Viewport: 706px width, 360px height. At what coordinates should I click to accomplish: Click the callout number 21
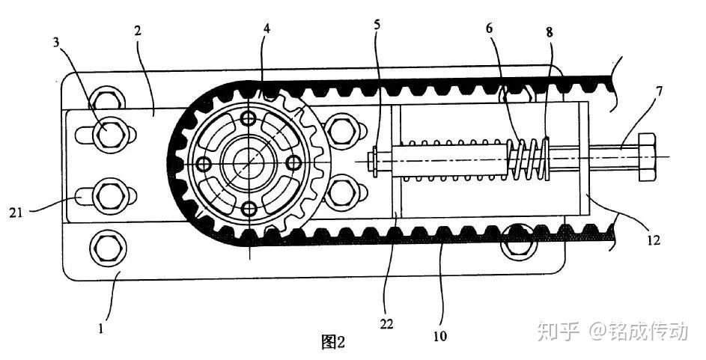(x=16, y=213)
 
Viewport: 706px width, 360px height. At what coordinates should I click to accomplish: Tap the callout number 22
(x=386, y=323)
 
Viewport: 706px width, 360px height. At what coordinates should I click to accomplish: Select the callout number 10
(x=440, y=336)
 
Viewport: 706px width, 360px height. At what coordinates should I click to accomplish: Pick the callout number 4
(x=267, y=28)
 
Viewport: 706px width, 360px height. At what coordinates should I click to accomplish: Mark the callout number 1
(x=101, y=329)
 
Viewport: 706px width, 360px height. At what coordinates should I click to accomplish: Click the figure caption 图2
(x=333, y=342)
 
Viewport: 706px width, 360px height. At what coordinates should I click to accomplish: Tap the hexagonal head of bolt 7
(x=647, y=157)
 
